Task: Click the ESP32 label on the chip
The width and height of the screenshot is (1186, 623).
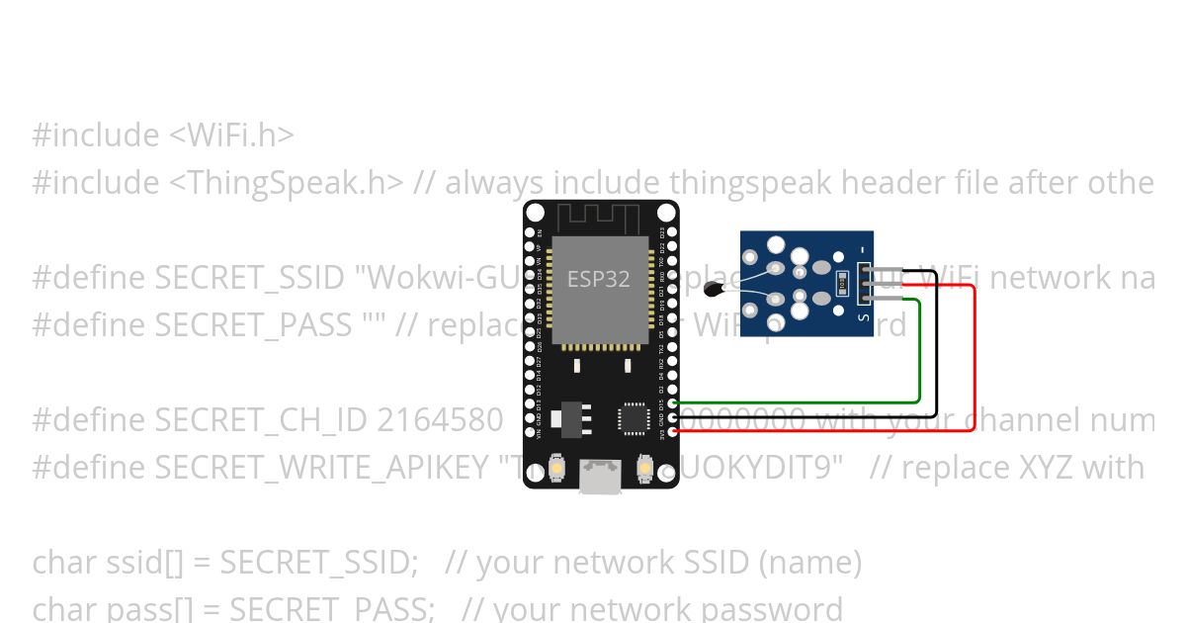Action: click(598, 279)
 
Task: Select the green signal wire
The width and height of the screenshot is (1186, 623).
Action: click(920, 356)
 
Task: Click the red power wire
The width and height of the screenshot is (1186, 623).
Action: click(974, 356)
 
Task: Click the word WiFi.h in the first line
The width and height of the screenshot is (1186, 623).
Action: click(237, 134)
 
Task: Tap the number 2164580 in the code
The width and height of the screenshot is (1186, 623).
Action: click(441, 420)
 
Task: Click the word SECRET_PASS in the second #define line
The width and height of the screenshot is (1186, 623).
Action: click(253, 324)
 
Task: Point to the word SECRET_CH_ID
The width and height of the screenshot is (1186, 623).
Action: click(261, 420)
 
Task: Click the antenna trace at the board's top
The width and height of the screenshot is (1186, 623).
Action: click(600, 217)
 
